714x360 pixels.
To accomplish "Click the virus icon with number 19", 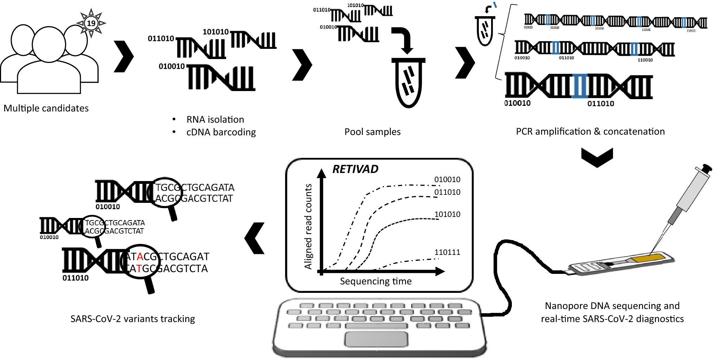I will (x=91, y=23).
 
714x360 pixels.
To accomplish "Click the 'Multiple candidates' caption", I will (x=46, y=108).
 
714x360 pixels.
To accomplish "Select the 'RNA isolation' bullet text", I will (x=215, y=120).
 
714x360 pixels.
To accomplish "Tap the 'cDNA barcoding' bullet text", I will (x=221, y=132).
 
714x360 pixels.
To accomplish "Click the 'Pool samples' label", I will (x=372, y=132).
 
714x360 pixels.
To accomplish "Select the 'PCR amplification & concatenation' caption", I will (x=590, y=131).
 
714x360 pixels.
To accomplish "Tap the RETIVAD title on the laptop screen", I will (x=355, y=169).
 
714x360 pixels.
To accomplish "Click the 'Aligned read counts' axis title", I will (x=308, y=226).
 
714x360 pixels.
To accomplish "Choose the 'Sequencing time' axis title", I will (x=375, y=281).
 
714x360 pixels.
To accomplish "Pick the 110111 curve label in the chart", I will (x=447, y=252).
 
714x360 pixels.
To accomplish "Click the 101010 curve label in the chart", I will (x=447, y=214).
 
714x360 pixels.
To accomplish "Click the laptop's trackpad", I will (x=376, y=339).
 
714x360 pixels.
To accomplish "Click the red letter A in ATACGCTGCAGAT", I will (x=140, y=257).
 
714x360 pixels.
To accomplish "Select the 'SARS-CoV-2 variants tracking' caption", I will (x=133, y=319).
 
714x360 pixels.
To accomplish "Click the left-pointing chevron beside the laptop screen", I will (x=255, y=238).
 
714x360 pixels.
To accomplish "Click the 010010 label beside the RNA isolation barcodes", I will (x=172, y=66).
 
